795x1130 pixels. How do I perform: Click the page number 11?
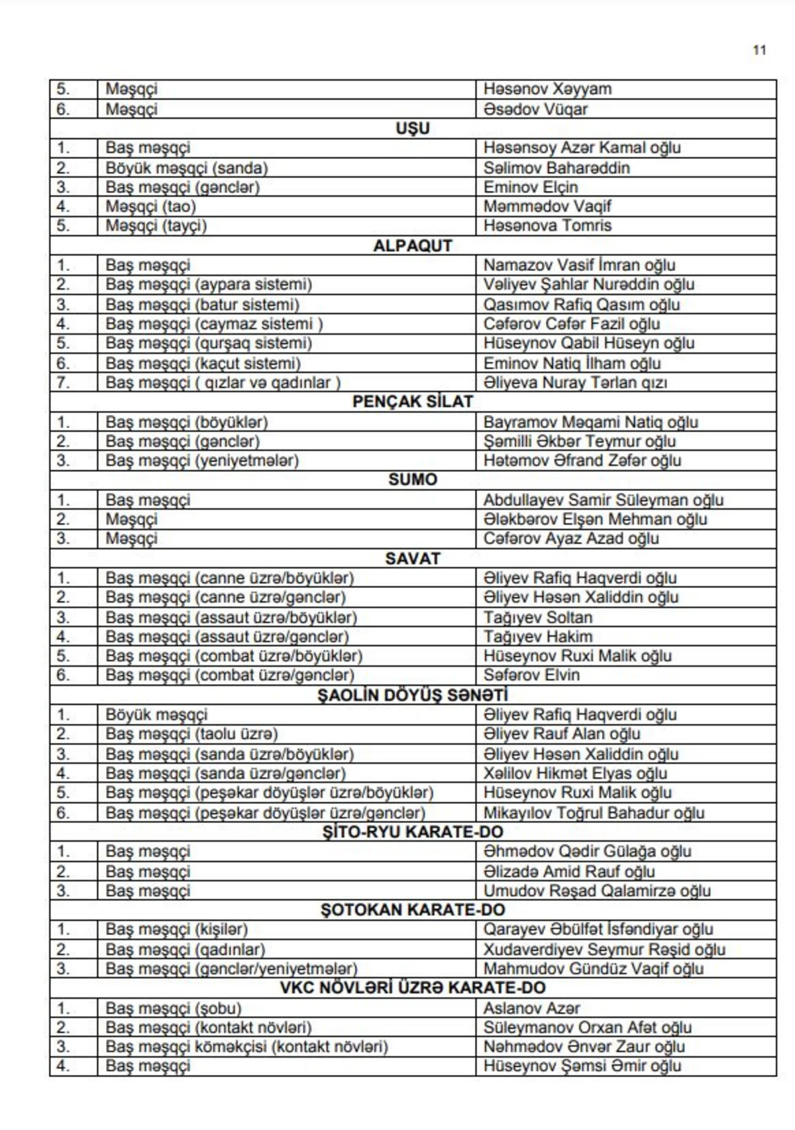[759, 50]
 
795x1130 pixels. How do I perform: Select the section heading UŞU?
[413, 128]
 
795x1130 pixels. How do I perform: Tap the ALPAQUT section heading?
[413, 246]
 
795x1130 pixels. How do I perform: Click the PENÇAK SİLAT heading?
[413, 402]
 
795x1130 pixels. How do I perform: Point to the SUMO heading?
[413, 479]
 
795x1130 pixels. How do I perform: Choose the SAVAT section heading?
[413, 558]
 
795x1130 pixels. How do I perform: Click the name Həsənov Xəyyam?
[547, 89]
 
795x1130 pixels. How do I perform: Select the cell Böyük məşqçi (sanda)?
[187, 168]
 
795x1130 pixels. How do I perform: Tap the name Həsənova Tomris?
[547, 225]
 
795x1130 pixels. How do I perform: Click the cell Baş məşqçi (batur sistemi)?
[202, 305]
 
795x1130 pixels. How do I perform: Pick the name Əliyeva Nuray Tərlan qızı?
[575, 382]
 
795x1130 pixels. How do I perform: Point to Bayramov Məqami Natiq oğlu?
[590, 422]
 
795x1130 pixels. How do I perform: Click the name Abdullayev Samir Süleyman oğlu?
[603, 500]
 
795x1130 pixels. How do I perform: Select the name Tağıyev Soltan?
[538, 617]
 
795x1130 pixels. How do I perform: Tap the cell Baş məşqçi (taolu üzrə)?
[191, 734]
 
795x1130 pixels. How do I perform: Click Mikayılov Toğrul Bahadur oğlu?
[594, 813]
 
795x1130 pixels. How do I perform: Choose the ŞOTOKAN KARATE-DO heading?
[413, 909]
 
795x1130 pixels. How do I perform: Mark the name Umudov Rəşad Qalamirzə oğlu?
[596, 891]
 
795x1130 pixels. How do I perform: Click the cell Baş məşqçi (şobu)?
[174, 1008]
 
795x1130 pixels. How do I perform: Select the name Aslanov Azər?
[531, 1008]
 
